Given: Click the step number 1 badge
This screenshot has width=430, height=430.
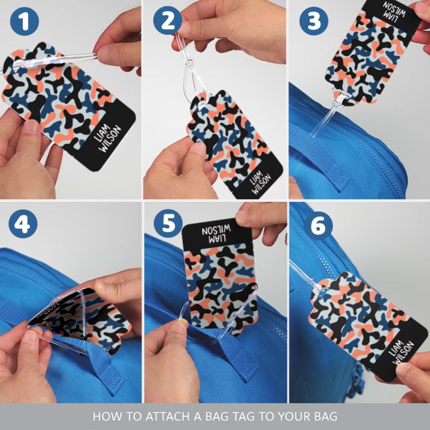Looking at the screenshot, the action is (24, 21).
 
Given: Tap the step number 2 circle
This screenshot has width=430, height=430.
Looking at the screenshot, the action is (167, 21).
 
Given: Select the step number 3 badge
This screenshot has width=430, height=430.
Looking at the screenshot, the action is (314, 21).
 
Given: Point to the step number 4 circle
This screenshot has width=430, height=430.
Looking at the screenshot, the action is (23, 224).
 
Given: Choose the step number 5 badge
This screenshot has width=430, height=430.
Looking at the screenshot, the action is (168, 224).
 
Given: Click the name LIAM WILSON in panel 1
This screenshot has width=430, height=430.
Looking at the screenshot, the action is (107, 139).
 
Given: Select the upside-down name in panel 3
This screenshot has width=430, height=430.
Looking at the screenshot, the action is (397, 10).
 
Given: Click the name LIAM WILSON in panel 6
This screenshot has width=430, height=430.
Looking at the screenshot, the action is (399, 353).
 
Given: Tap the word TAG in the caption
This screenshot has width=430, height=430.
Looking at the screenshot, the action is (243, 416).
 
